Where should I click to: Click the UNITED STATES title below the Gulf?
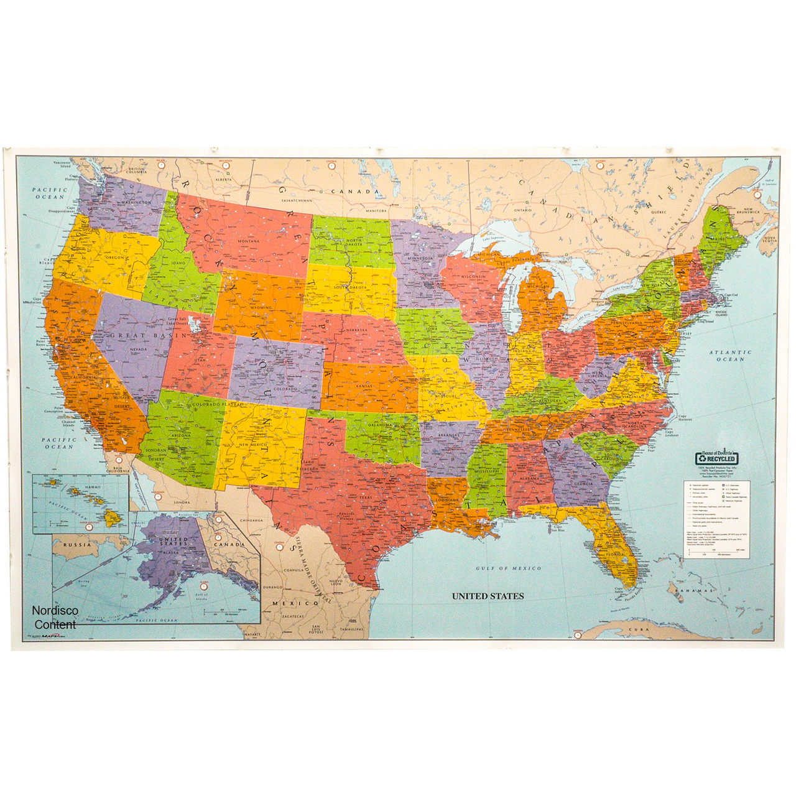tap(488, 596)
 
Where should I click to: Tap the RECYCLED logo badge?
tap(716, 458)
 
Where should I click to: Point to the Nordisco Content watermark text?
tap(55, 618)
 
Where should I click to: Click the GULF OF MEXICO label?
tap(508, 568)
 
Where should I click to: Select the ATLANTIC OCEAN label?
tap(730, 355)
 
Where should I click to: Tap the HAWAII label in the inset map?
tap(93, 487)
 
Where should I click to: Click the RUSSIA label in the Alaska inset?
tap(77, 545)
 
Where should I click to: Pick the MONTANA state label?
tap(248, 241)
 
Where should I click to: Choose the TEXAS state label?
tap(366, 497)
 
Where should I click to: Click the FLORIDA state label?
tap(615, 554)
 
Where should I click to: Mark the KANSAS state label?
tap(364, 386)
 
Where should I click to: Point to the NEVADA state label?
tap(138, 349)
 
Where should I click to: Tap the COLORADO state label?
tap(285, 389)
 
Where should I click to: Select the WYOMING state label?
tap(261, 307)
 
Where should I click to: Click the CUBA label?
tap(639, 629)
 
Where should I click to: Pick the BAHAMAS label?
tap(695, 590)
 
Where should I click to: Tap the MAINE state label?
tap(718, 238)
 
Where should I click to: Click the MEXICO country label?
tap(295, 603)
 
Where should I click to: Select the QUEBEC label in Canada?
tap(658, 212)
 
